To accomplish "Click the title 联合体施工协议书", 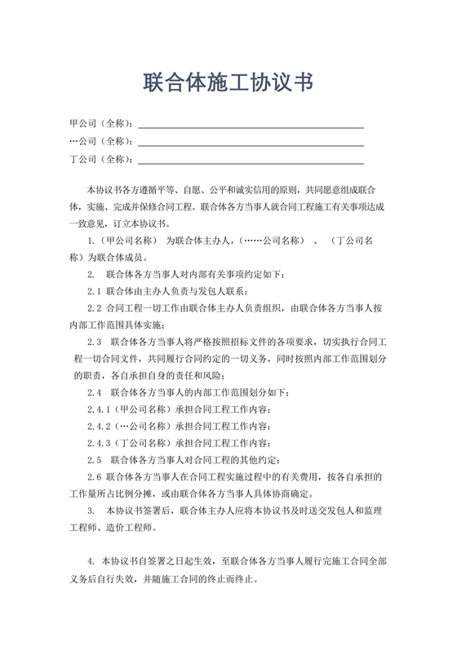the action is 228,82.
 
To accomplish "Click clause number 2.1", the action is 94,291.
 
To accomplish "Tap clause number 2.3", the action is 94,342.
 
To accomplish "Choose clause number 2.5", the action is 94,460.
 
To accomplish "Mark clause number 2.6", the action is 94,476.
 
